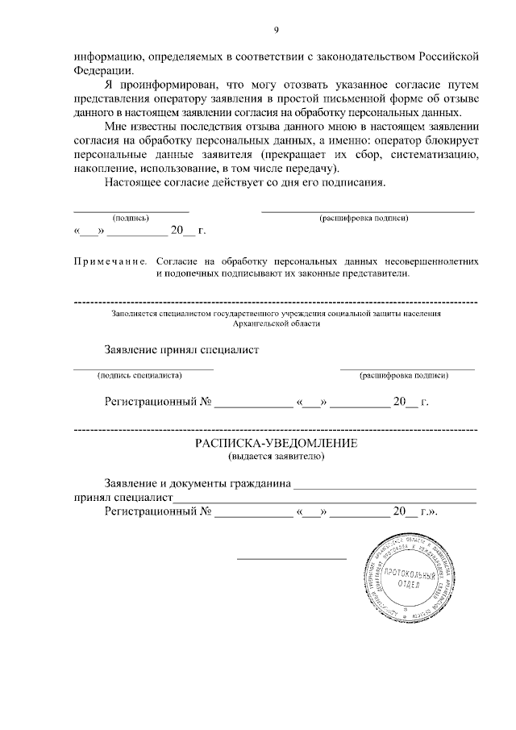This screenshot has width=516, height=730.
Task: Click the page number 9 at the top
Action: coord(276,30)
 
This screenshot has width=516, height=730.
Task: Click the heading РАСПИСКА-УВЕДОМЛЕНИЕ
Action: coord(276,444)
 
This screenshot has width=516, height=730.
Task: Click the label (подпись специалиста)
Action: coord(139,375)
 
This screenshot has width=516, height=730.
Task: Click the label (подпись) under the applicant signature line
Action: coord(131,218)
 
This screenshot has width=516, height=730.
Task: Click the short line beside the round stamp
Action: coord(291,558)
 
